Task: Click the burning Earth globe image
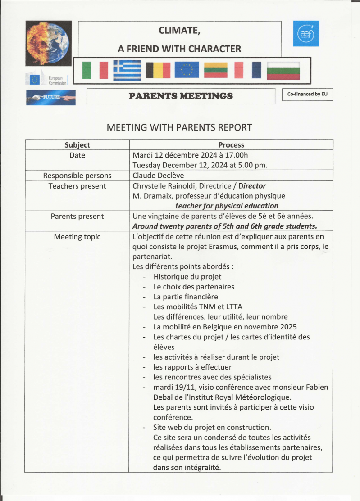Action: point(49,43)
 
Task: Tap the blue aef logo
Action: point(305,33)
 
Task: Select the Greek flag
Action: point(127,70)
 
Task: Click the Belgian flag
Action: point(157,70)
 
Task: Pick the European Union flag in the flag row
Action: point(187,70)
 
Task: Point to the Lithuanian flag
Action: point(218,70)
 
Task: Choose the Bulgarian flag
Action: point(283,70)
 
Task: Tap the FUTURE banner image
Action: point(50,97)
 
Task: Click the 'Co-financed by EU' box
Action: point(307,95)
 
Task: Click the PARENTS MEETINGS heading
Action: point(181,96)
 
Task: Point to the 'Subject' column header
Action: point(77,145)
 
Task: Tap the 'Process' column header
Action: point(231,145)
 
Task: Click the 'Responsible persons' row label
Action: point(77,176)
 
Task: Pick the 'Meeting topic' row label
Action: point(77,237)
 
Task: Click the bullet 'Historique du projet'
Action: point(187,277)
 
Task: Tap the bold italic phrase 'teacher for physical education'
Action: point(227,206)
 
